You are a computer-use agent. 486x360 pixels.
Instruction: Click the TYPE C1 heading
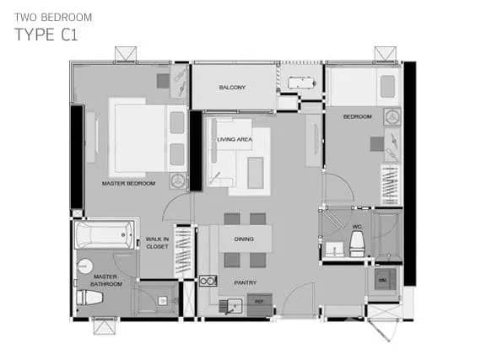47,35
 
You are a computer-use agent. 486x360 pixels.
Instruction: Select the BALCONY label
232,88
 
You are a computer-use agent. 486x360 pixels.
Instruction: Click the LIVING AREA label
235,139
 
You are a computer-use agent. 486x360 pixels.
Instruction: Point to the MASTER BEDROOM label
128,183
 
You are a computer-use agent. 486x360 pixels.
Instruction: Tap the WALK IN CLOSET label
157,243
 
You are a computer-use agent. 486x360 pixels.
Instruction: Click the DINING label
244,239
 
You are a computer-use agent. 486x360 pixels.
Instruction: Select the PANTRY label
246,282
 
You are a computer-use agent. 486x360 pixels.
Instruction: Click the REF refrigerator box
259,302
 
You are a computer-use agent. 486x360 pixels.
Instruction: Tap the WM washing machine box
383,280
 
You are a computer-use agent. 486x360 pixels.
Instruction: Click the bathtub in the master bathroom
105,234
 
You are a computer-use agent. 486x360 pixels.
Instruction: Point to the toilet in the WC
357,244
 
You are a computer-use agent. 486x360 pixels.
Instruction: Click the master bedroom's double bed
138,138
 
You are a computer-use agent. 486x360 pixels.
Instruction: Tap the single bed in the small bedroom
364,89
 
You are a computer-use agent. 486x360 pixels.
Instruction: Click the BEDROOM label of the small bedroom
357,117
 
